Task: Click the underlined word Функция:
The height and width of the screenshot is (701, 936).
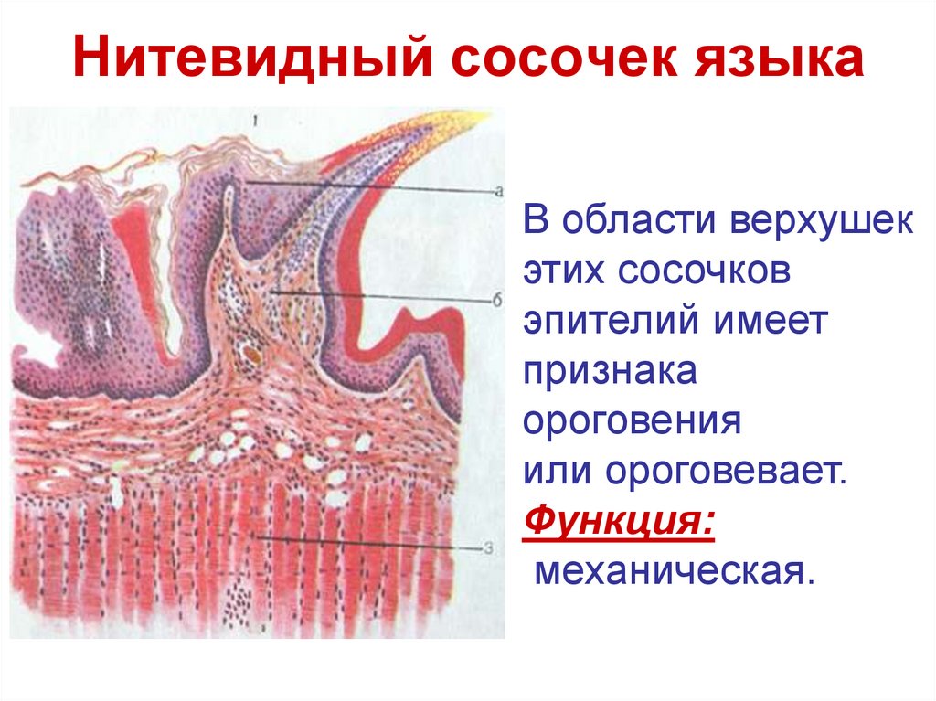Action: [618, 524]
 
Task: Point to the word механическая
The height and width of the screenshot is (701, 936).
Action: [673, 573]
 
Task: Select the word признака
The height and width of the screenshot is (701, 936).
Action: [611, 373]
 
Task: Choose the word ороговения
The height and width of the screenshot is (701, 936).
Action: [631, 422]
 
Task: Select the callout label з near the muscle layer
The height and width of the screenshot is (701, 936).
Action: [489, 548]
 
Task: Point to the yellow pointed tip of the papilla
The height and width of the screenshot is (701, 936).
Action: [477, 118]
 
